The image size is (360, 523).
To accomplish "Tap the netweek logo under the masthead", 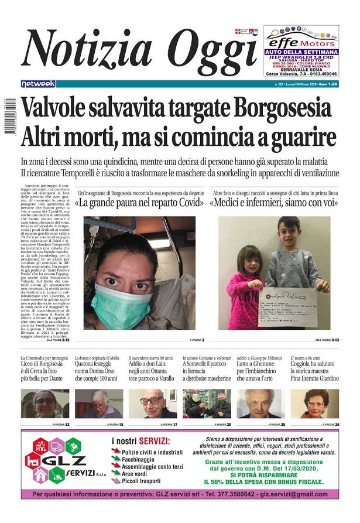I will pyautogui.click(x=37, y=84).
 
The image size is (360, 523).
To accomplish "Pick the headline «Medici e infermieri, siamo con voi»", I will pyautogui.click(x=282, y=204).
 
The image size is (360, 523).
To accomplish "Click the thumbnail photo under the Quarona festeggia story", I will pyautogui.click(x=98, y=404).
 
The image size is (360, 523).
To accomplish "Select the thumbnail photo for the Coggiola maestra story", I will pyautogui.click(x=315, y=404).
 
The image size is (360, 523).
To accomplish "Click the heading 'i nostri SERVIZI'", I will pyautogui.click(x=141, y=441).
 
